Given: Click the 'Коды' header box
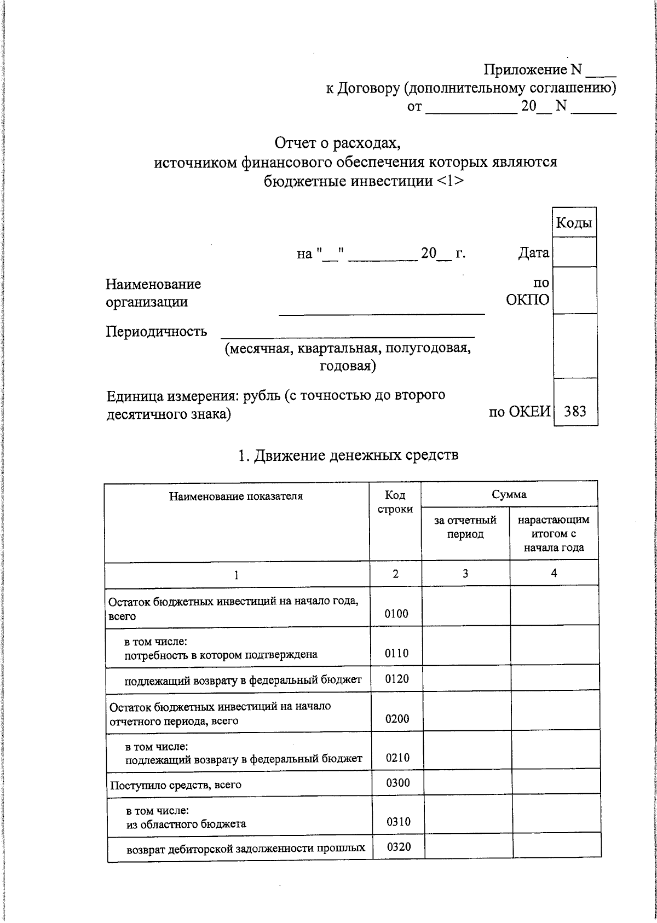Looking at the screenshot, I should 574,223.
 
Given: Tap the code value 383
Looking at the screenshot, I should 575,411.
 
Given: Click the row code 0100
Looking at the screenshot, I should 396,614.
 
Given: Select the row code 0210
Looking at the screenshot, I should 397,758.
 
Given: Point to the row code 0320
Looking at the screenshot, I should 399,847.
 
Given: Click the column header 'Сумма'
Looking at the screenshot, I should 509,494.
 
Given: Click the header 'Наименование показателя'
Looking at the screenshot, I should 235,497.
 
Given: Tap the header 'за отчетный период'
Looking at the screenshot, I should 465,527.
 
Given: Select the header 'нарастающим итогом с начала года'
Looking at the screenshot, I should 554,533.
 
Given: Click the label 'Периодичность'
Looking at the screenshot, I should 156,332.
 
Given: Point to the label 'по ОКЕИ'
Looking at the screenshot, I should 519,412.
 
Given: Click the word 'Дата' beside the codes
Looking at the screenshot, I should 533,253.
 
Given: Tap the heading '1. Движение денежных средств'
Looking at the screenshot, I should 348,455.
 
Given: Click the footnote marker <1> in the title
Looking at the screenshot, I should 451,181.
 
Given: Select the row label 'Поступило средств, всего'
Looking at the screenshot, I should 175,785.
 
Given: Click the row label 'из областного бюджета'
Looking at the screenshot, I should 186,824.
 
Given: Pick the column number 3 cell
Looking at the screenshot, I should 465,574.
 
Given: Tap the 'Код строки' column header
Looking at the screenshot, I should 395,502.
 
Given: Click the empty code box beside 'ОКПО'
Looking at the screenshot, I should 574,290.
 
